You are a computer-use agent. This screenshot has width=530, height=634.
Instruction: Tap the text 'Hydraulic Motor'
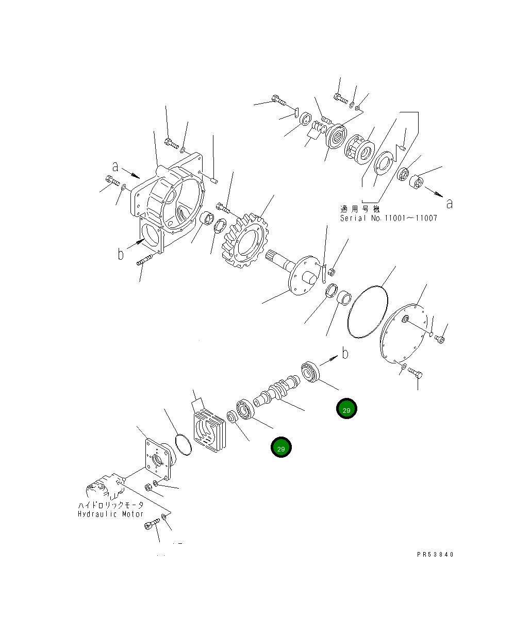111,514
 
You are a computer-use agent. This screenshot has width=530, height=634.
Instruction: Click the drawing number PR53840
436,555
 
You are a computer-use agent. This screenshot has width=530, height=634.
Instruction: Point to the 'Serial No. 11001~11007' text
388,218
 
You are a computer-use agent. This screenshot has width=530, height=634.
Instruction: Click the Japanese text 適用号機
360,209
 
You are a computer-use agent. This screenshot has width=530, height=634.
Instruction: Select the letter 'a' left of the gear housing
116,166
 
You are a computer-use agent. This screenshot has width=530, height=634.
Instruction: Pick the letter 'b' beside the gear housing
120,254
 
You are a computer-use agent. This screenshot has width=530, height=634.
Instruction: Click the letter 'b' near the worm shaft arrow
345,353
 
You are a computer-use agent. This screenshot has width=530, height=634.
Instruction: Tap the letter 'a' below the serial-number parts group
450,204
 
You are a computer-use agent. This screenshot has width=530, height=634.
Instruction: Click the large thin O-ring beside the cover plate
368,312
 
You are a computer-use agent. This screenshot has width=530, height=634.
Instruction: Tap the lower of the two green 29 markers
281,448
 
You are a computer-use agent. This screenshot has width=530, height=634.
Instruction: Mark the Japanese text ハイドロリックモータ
111,505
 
